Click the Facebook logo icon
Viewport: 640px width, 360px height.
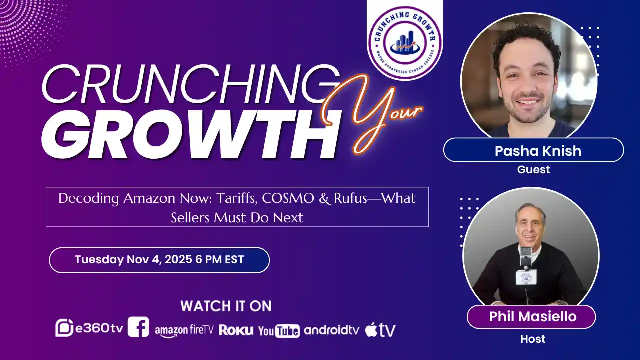[x=138, y=327]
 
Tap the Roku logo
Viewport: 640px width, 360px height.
[x=236, y=330]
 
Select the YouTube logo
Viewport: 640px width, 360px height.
[x=279, y=331]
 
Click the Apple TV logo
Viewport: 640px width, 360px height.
[x=380, y=330]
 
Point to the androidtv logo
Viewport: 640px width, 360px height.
[x=331, y=330]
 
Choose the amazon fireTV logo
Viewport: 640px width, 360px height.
[x=184, y=331]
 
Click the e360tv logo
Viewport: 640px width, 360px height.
[x=89, y=328]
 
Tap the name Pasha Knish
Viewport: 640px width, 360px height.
[x=538, y=151]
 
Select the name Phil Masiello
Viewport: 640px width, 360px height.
[x=533, y=316]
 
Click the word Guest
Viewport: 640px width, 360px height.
[x=533, y=169]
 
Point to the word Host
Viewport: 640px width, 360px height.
[x=533, y=339]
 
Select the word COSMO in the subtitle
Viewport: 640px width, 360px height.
[x=288, y=198]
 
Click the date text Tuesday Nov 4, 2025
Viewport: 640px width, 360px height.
[x=133, y=259]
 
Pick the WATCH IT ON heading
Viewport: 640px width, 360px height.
[x=226, y=306]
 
